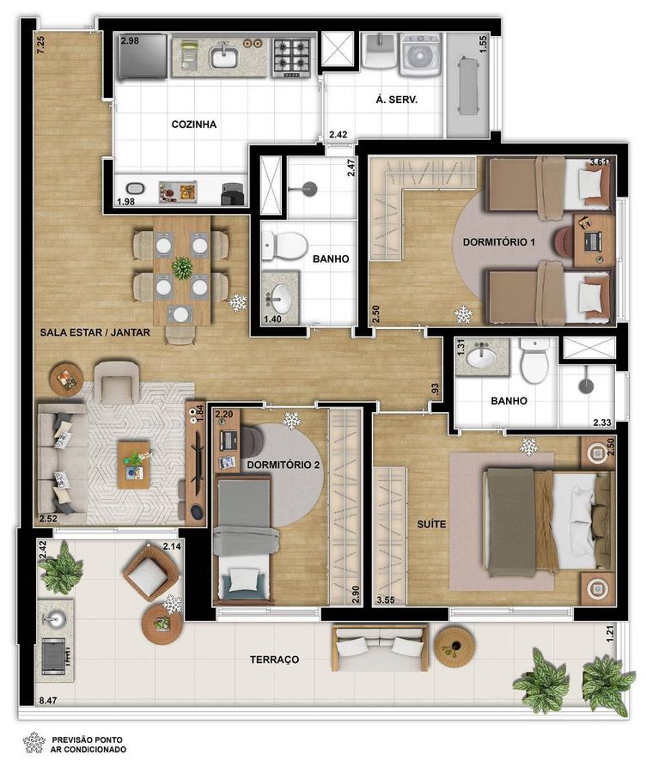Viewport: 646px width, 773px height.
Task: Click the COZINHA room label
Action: (x=194, y=125)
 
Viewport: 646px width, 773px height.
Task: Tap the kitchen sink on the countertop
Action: (x=224, y=57)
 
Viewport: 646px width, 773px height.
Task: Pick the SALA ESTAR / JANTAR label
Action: (x=94, y=332)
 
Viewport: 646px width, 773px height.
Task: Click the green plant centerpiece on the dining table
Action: (x=182, y=268)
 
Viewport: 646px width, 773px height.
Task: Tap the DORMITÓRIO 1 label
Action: (x=499, y=242)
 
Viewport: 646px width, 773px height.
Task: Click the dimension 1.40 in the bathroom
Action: (x=272, y=319)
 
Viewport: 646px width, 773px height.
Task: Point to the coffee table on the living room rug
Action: (x=133, y=465)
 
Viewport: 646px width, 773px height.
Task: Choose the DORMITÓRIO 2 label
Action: (x=283, y=465)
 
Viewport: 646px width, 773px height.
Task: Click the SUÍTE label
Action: (x=431, y=524)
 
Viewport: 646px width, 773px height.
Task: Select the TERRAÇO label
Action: (x=274, y=660)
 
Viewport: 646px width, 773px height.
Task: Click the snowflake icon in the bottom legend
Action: (x=34, y=742)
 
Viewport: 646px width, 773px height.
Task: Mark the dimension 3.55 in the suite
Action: (x=386, y=600)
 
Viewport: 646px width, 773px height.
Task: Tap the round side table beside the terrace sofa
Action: (x=454, y=647)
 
